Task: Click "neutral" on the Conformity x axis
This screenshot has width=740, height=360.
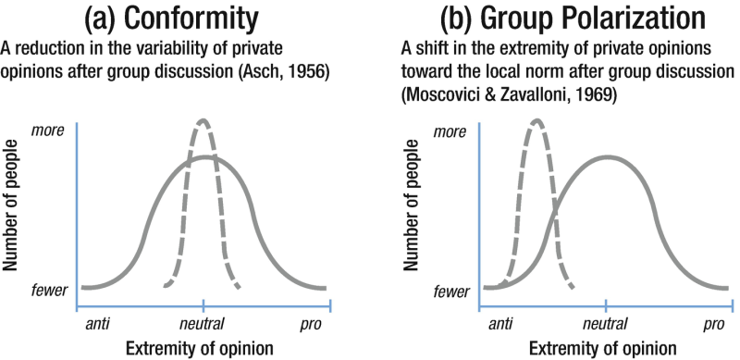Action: pyautogui.click(x=203, y=325)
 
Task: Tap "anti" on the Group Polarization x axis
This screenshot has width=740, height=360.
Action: pyautogui.click(x=500, y=325)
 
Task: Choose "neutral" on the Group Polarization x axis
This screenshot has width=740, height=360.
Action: pyautogui.click(x=606, y=325)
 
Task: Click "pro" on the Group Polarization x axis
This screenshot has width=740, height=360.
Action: pyautogui.click(x=713, y=325)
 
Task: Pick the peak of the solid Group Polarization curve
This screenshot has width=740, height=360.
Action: pyautogui.click(x=606, y=156)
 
